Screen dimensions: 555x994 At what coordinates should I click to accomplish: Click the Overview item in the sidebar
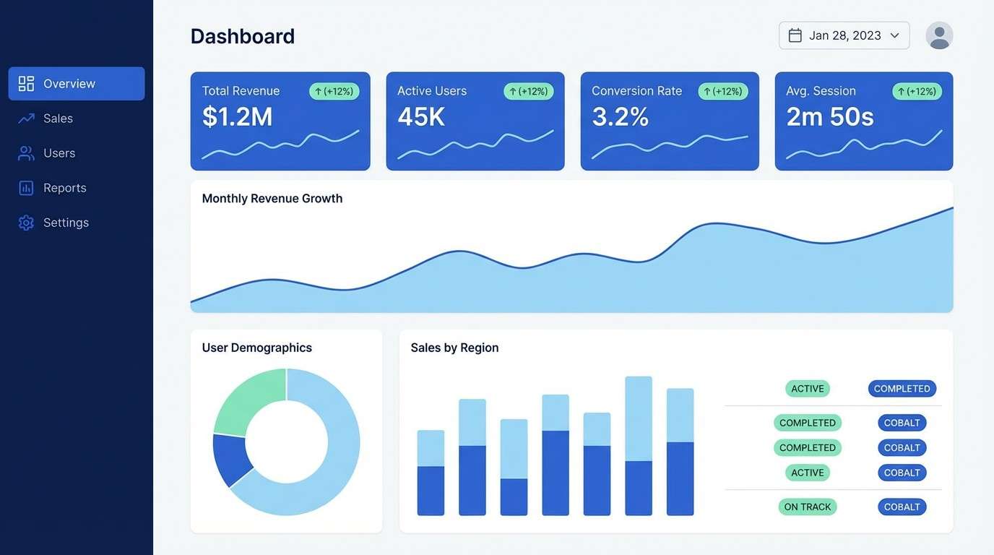(x=76, y=84)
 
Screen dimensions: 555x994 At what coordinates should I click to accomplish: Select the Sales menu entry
(x=58, y=119)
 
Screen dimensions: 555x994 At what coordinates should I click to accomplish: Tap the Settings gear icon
(x=26, y=223)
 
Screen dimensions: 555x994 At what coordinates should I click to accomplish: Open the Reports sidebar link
(x=64, y=188)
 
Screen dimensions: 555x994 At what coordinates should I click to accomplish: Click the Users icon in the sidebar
(x=26, y=153)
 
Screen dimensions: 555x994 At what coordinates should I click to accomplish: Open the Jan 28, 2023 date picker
(x=844, y=35)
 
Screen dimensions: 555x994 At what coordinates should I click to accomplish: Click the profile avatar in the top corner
(x=939, y=35)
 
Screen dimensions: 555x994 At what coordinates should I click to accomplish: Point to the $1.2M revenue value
(x=238, y=116)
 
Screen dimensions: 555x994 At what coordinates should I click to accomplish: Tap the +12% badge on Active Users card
(x=529, y=91)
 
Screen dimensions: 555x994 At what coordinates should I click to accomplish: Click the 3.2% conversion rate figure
(x=620, y=116)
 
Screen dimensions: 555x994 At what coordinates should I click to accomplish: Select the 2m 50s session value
(x=830, y=116)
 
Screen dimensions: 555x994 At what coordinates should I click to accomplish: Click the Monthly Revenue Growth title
(x=272, y=199)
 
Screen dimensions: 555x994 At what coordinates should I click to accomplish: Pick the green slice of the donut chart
(x=246, y=401)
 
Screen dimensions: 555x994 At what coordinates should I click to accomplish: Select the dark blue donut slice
(x=231, y=458)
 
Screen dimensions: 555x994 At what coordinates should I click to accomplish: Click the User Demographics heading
(x=257, y=348)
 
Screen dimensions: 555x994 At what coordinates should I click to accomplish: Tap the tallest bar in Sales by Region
(x=639, y=445)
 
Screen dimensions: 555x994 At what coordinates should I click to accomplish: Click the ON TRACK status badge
(x=807, y=507)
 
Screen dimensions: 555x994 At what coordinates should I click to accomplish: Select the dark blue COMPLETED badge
(x=902, y=389)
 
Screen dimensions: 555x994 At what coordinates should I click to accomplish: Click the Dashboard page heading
(x=243, y=36)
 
